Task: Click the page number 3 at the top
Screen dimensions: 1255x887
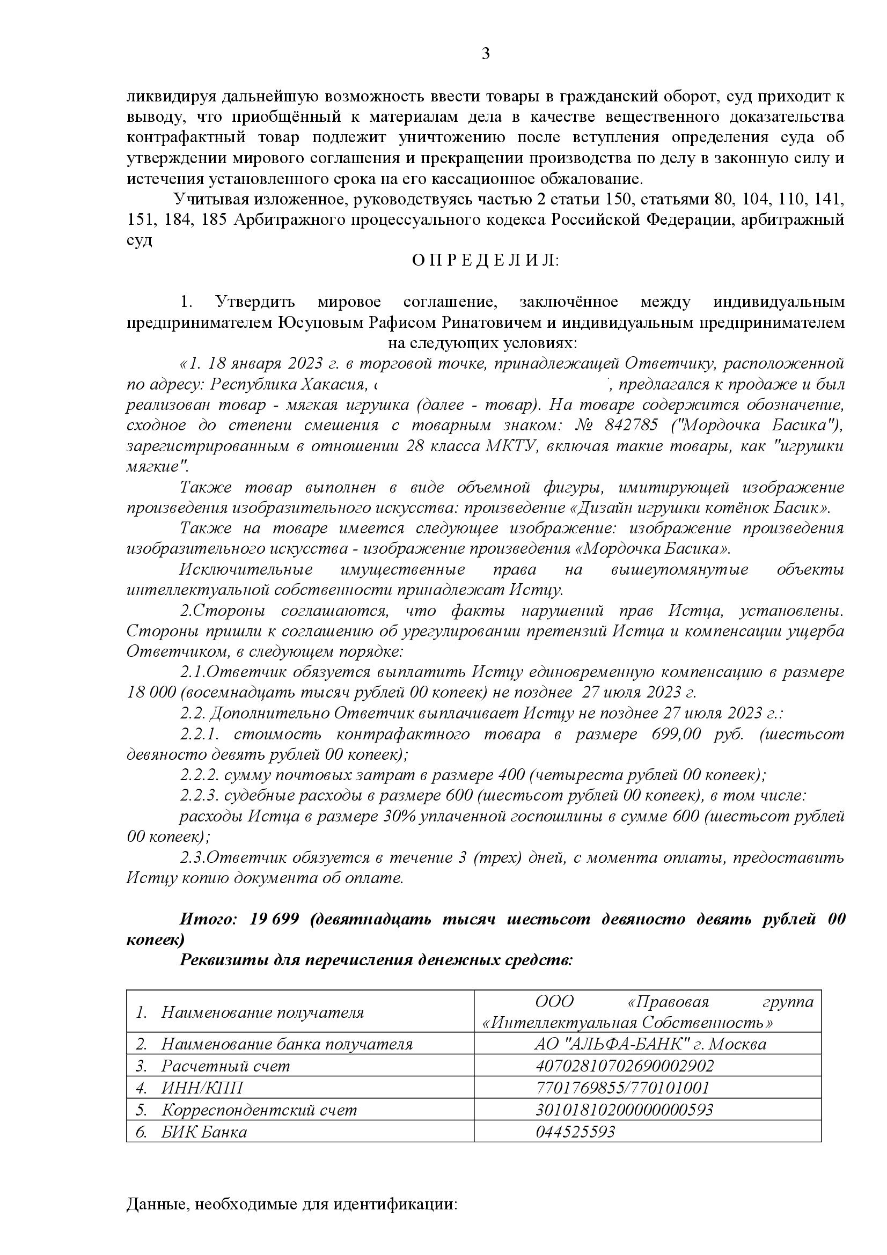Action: (485, 54)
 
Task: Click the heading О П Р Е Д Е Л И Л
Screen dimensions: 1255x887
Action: (485, 261)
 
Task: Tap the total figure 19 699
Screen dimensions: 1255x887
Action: (274, 919)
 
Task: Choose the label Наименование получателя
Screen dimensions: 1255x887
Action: (262, 1012)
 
